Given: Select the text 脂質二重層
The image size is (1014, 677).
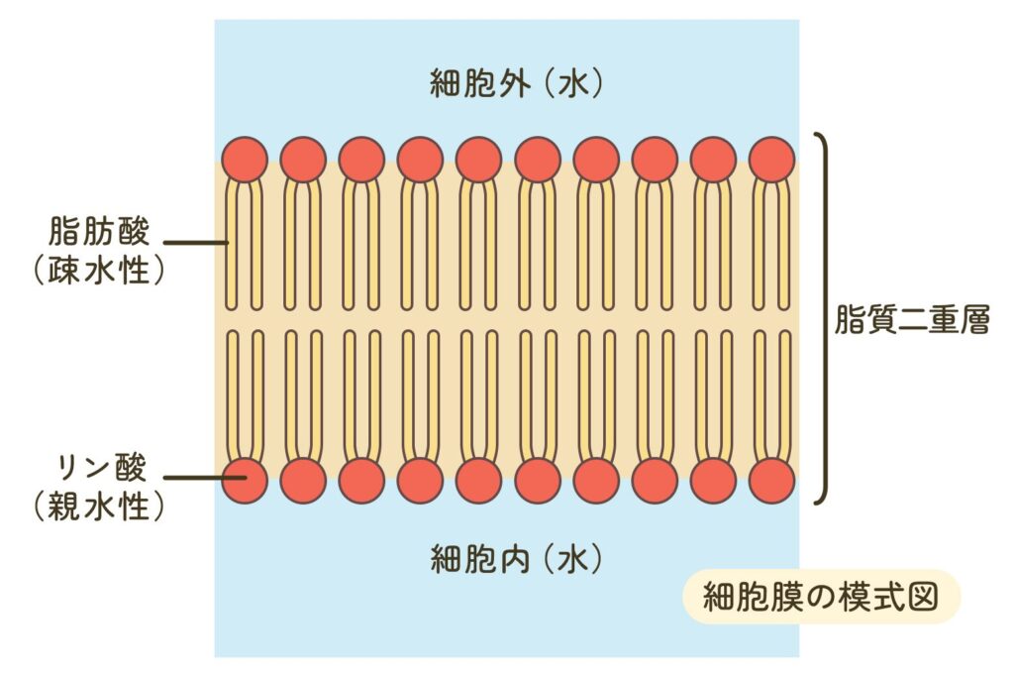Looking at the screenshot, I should click(912, 321).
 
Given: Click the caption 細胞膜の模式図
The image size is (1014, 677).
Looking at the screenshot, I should click(821, 597).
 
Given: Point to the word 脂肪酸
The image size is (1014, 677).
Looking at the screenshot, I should click(99, 234).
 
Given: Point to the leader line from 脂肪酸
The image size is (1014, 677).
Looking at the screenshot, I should click(194, 242).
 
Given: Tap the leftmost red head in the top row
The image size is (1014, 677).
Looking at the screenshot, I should click(245, 160).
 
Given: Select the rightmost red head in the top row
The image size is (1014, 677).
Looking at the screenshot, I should click(771, 160).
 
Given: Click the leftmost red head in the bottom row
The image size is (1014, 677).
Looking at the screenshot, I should click(245, 481).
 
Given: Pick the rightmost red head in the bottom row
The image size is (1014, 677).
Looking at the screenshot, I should click(771, 481).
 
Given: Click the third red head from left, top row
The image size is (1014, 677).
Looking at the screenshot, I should click(361, 160).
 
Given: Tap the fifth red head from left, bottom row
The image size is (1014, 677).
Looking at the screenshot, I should click(478, 481).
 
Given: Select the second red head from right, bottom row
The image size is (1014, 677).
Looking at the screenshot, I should click(713, 481).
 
